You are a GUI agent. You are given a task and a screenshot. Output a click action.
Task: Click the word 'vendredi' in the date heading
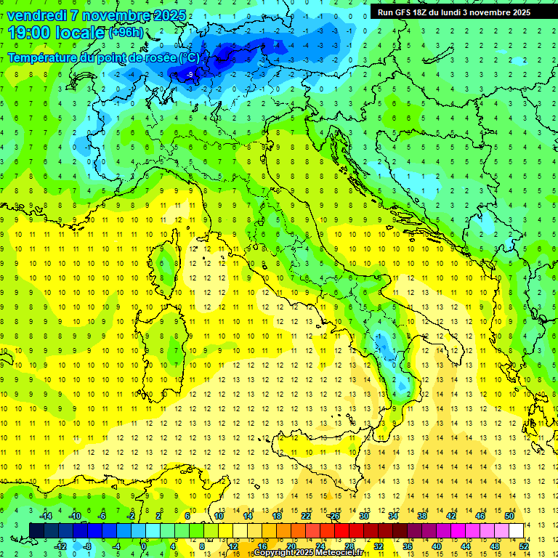point(36,15)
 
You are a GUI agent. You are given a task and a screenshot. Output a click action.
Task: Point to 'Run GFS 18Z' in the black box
point(404,12)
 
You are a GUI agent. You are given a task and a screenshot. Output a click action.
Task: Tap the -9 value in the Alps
point(190,75)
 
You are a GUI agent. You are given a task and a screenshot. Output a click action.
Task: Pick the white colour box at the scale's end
point(516,530)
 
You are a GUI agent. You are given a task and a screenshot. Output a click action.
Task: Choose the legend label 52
point(525,546)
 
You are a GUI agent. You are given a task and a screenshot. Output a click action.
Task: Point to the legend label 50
point(509,516)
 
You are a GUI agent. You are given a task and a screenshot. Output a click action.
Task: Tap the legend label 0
point(145,546)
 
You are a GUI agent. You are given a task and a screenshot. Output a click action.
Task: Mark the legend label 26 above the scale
point(334,516)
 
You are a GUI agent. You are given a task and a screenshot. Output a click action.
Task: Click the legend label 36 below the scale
point(408,546)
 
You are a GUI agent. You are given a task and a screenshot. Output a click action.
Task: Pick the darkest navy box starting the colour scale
point(36,530)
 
